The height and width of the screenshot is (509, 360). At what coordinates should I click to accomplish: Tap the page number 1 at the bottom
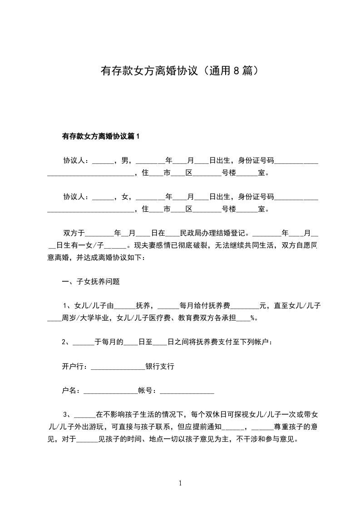[x=180, y=483]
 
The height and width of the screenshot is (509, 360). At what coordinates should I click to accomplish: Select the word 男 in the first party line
[x=124, y=160]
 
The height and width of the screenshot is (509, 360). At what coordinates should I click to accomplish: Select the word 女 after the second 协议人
[x=124, y=196]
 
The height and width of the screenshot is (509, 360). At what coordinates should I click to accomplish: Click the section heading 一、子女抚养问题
[x=91, y=281]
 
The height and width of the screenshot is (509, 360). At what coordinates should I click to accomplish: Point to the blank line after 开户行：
[x=118, y=367]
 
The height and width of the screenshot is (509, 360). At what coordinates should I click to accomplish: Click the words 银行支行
[x=160, y=366]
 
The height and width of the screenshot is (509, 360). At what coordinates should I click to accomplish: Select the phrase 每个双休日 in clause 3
[x=211, y=414]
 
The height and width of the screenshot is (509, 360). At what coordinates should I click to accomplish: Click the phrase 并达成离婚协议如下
[x=111, y=257]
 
